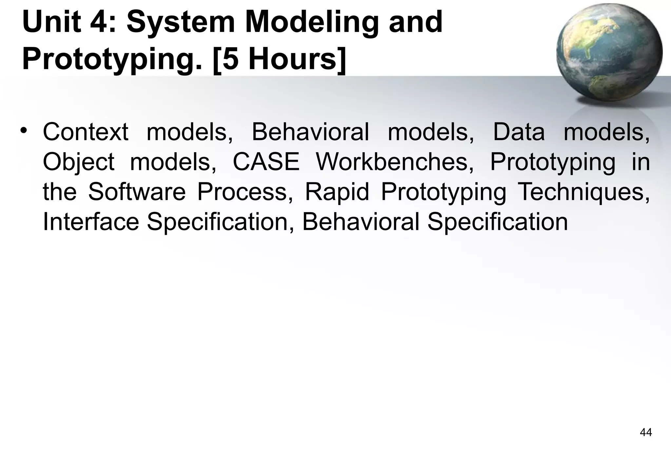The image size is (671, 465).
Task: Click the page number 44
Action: tap(646, 433)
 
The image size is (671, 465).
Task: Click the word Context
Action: tap(86, 132)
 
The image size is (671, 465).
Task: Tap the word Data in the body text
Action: tap(519, 132)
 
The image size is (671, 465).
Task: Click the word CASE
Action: tap(266, 162)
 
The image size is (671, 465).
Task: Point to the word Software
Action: tap(137, 192)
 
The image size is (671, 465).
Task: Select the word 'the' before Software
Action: tap(60, 192)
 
